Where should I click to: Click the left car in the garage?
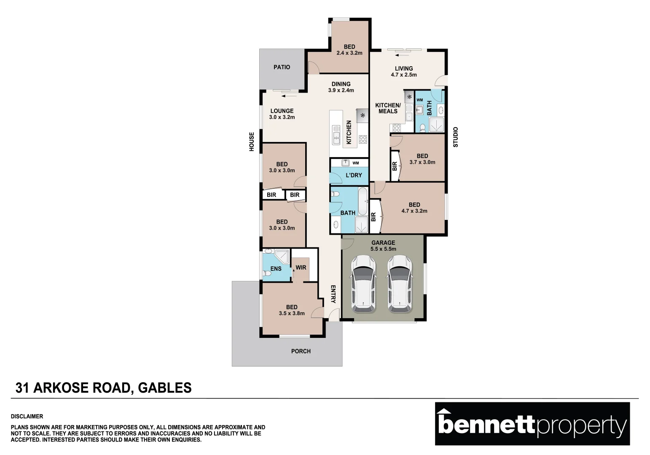coord(363,284)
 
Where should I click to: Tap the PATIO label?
coord(282,67)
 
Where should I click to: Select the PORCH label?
coord(301,351)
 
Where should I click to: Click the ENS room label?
coord(276,269)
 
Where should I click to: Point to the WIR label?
coord(301,268)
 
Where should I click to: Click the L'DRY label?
coord(354,175)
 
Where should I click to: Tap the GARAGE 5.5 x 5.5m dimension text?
coord(383,249)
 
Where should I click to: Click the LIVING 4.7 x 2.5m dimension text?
coord(404,75)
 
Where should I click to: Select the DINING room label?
coord(341,84)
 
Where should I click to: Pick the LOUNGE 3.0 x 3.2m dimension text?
coord(282,118)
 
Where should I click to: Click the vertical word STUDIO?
coord(455,137)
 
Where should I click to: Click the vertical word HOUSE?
coord(252,142)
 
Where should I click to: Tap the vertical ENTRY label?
coord(333,294)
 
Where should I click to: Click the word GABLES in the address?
coord(165,388)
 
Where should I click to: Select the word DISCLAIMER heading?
coord(27,417)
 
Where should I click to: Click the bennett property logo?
coord(532,424)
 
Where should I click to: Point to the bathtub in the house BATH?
coord(362,201)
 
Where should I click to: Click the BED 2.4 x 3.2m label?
coord(349,50)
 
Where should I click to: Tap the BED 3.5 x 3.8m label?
coord(292,310)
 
